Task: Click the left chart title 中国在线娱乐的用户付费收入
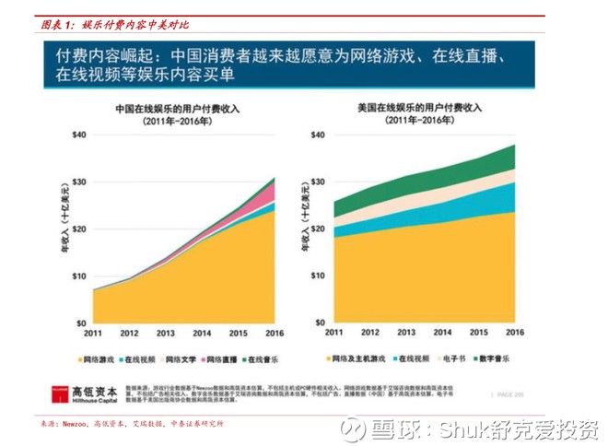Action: pyautogui.click(x=177, y=108)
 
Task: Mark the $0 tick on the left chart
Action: pyautogui.click(x=80, y=323)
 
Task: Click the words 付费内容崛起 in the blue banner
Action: pyautogui.click(x=102, y=57)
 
